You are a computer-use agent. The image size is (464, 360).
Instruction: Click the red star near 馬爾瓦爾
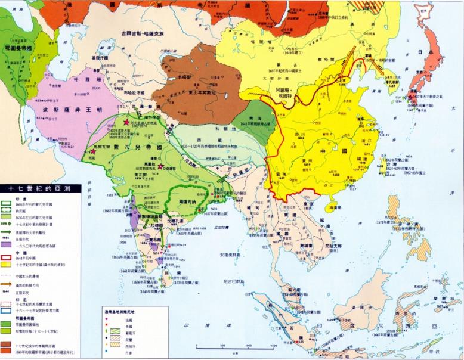click(x=93, y=153)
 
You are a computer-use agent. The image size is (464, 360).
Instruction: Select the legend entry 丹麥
click(x=127, y=352)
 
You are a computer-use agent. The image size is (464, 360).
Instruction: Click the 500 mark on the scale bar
click(x=222, y=345)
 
